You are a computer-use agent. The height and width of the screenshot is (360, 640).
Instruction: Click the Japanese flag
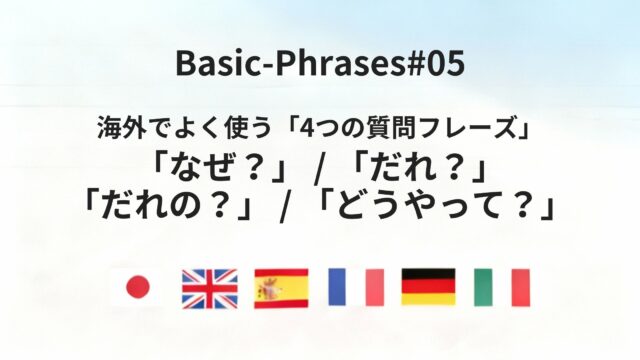137,288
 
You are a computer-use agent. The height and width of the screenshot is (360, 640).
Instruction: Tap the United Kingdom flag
209,288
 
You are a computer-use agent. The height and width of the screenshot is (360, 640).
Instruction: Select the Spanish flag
282,288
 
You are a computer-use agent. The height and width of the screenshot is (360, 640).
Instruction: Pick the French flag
355,288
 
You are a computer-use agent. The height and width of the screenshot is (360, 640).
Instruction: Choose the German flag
428,288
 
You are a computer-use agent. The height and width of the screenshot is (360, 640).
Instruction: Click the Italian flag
501,288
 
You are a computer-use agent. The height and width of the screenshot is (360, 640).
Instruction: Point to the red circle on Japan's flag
137,288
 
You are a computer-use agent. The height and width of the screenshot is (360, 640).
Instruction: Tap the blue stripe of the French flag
337,288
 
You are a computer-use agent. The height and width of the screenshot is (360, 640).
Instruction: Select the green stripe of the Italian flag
483,288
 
